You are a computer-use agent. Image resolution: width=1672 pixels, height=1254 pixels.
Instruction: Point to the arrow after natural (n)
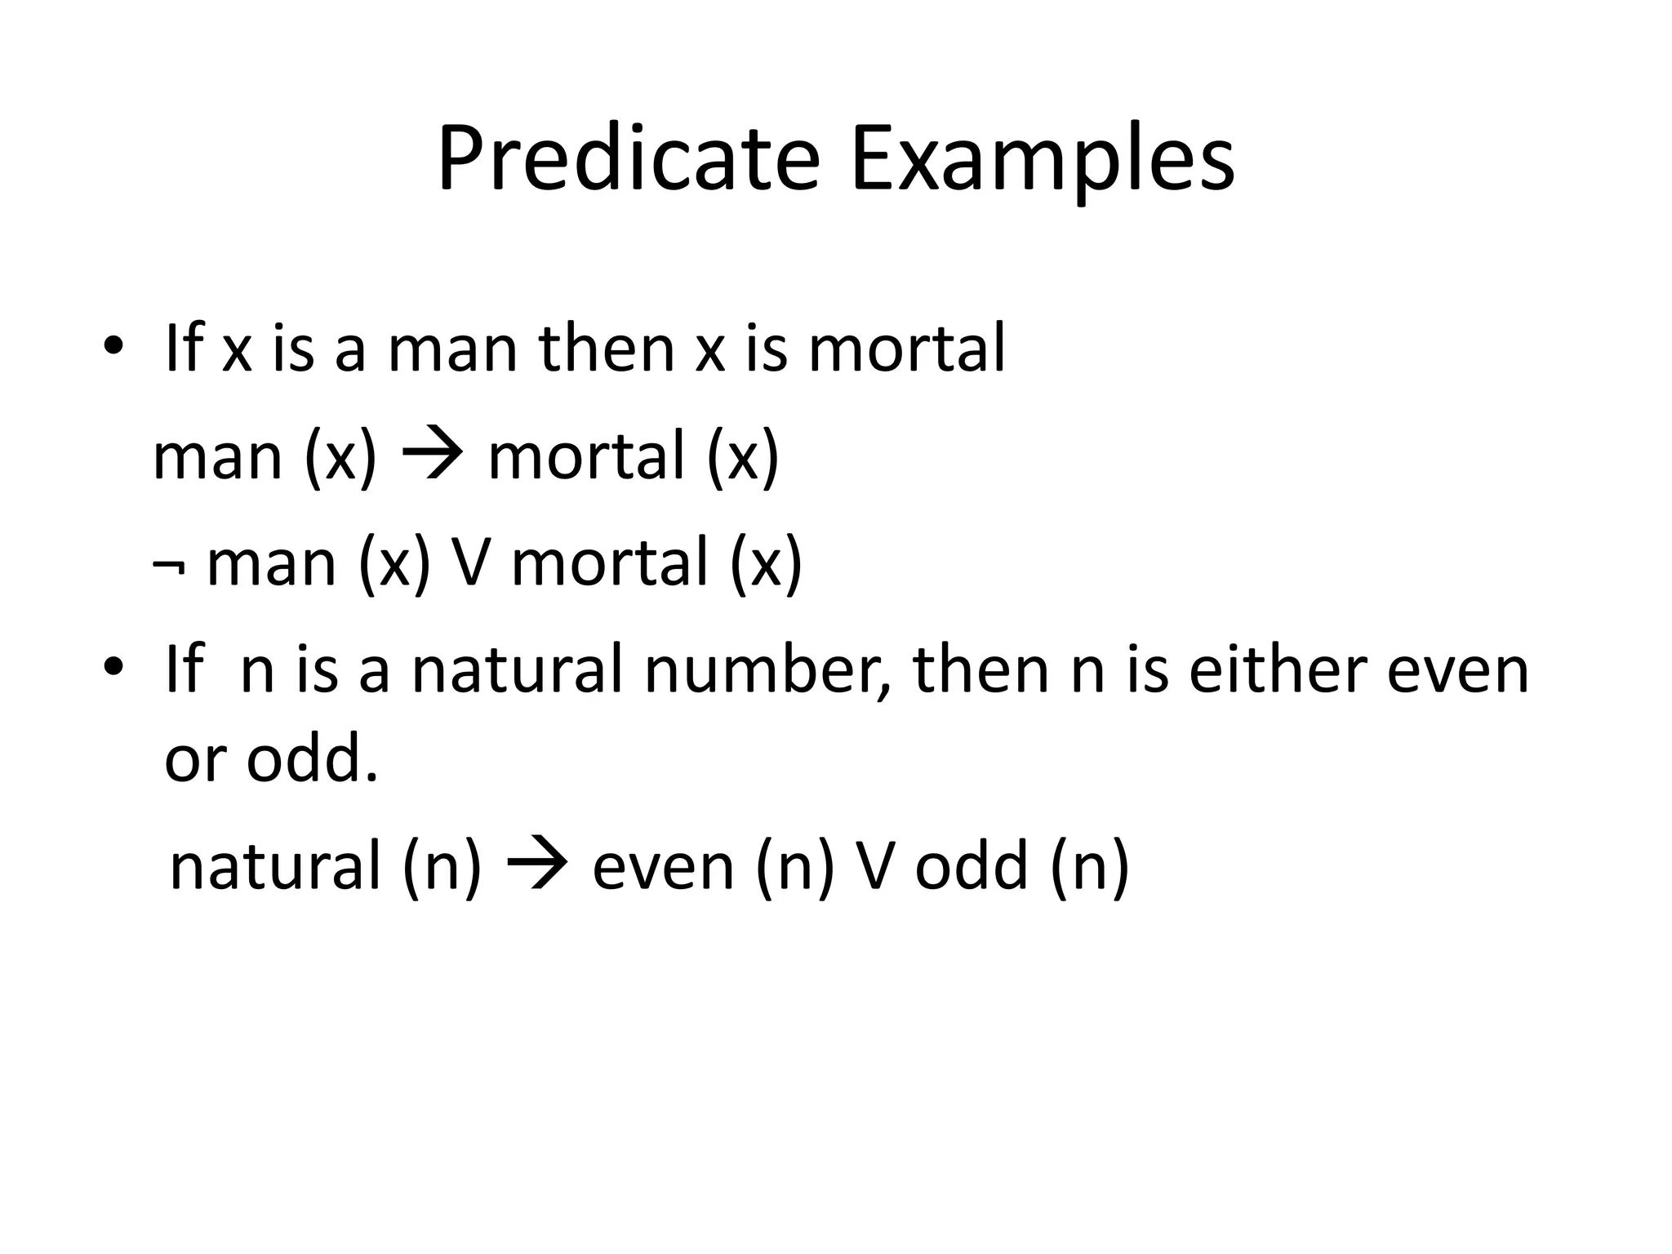click(x=537, y=865)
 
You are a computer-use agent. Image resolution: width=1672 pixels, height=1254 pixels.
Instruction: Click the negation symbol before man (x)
click(x=167, y=565)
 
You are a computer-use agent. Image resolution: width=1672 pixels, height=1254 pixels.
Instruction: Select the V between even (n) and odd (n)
click(x=874, y=865)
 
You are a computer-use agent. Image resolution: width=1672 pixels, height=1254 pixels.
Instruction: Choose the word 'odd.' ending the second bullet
click(x=313, y=758)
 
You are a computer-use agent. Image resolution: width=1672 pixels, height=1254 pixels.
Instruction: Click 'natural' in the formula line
click(x=275, y=865)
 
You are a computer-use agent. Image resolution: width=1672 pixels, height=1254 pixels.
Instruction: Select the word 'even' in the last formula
click(x=663, y=867)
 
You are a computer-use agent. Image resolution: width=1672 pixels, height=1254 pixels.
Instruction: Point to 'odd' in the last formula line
click(x=971, y=865)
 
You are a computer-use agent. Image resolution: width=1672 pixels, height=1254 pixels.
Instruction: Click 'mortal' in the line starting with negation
click(x=609, y=563)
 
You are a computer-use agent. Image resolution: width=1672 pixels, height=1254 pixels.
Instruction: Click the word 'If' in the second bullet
click(x=183, y=669)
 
